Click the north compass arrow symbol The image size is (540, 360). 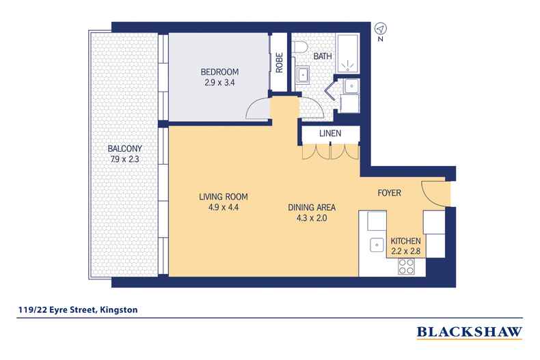click(381, 28)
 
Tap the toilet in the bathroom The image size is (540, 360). click(301, 47)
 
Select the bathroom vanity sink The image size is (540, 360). click(303, 74)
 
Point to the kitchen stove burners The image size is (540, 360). click(406, 266)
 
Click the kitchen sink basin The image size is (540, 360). click(377, 245)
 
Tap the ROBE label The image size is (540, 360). click(280, 62)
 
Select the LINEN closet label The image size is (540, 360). click(330, 133)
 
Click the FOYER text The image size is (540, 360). click(389, 193)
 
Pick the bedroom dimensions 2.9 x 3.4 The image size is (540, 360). click(219, 83)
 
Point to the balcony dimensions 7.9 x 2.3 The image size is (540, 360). click(124, 159)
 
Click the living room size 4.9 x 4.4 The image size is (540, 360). click(223, 208)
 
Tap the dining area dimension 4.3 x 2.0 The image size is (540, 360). click(311, 218)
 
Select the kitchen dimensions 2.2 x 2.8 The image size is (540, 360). click(406, 251)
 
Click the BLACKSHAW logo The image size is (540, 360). click(470, 333)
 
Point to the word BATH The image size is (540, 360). click(323, 56)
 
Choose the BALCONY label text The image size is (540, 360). click(124, 149)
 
